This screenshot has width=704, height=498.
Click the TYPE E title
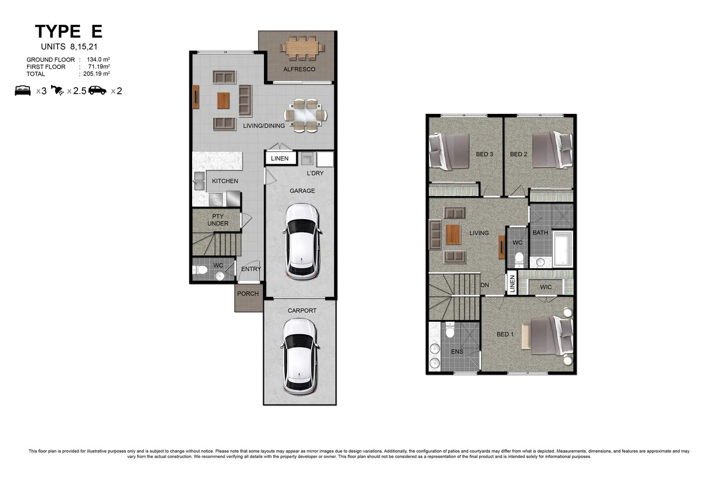[x=69, y=31]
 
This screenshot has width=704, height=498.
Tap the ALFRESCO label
[x=299, y=69]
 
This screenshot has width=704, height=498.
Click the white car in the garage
[x=302, y=242]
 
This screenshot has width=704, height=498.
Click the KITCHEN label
[x=225, y=181]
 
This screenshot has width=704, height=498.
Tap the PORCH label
[x=248, y=294]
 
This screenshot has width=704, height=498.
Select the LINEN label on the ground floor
[x=280, y=159]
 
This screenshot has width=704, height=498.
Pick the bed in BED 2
[x=552, y=150]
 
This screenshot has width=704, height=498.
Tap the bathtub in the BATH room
[x=563, y=249]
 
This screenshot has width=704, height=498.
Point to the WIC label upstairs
[x=546, y=287]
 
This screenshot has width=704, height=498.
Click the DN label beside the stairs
[x=485, y=285]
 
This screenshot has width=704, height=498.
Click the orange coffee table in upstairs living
[x=453, y=234]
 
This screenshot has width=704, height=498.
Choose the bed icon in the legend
[x=23, y=90]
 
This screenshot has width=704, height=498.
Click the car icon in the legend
[x=97, y=90]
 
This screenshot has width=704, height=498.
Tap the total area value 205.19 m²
[x=96, y=74]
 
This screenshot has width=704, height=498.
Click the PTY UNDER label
[x=218, y=220]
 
